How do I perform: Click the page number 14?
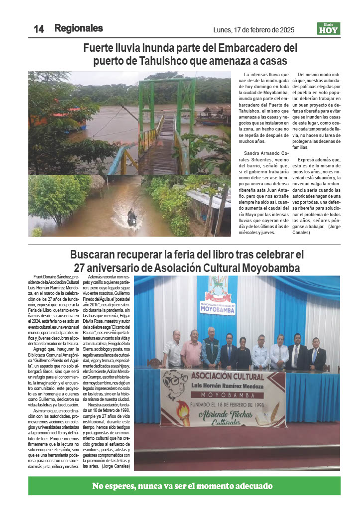click(38, 29)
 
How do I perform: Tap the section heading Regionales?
click(79, 28)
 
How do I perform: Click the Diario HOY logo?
click(329, 29)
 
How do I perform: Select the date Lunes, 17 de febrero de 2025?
click(253, 30)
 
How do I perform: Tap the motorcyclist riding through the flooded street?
click(131, 218)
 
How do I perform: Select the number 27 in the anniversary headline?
click(81, 267)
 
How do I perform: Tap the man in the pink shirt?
click(192, 349)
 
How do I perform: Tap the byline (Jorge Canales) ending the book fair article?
click(116, 466)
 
